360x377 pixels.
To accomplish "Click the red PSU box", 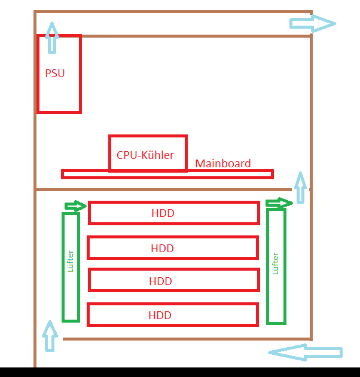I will [59, 90].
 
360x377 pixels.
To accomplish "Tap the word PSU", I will [55, 74].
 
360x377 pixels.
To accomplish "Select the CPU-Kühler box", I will [148, 143].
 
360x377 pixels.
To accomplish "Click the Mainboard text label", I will [223, 163].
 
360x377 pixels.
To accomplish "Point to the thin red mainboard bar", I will [167, 174].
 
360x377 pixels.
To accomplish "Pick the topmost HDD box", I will [173, 213].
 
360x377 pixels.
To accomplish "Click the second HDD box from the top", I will [173, 248].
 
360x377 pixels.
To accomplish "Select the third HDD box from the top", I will [173, 281].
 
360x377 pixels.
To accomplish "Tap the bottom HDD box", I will [173, 315].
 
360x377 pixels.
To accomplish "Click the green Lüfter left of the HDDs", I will [71, 267].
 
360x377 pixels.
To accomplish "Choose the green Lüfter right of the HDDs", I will [276, 266].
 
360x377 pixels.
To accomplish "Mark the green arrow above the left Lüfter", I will [75, 206].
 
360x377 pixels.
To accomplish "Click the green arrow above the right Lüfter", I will [279, 203].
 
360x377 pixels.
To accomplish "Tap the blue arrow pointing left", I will [306, 353].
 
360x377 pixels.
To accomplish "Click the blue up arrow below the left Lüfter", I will [50, 336].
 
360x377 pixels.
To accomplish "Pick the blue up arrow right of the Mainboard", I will [300, 187].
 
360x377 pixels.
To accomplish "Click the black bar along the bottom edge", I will [179, 372].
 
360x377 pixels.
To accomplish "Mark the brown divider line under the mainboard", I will [161, 190].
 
